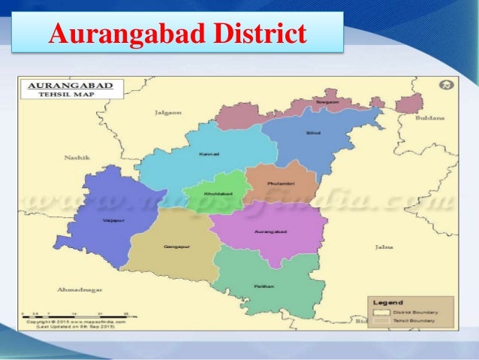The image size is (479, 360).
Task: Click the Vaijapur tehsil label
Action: (x=109, y=221)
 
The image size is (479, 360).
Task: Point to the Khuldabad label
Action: (x=215, y=195)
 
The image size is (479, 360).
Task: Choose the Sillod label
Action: (x=312, y=133)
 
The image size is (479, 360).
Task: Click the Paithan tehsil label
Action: (x=264, y=286)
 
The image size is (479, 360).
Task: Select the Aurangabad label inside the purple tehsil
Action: (x=268, y=231)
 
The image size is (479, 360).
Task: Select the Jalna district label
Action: (x=384, y=247)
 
